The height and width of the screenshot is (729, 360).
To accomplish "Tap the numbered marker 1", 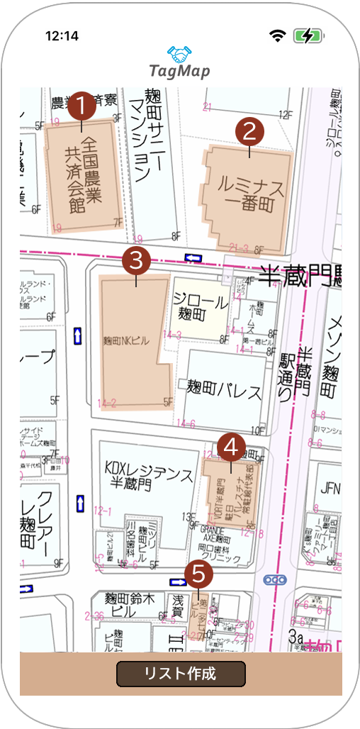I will (x=81, y=106).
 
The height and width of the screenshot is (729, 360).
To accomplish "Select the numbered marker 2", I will (x=249, y=130).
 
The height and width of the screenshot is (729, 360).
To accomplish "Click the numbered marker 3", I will (x=136, y=260).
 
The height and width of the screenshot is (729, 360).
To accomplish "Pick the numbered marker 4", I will (x=231, y=447).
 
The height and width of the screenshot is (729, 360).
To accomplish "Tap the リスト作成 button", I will (x=181, y=674).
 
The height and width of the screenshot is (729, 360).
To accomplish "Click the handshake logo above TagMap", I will (x=180, y=53).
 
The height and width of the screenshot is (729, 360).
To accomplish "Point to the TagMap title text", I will (x=180, y=72).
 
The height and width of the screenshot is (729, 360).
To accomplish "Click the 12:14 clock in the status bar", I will (x=62, y=35).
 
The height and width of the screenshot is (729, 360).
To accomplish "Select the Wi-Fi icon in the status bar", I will (x=277, y=35).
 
